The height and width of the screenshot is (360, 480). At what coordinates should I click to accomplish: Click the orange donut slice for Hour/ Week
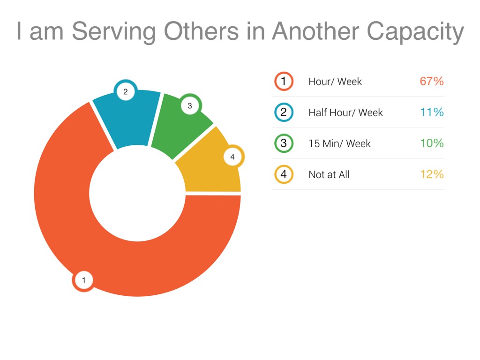[141, 267]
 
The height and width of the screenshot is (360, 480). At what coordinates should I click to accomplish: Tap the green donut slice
[180, 127]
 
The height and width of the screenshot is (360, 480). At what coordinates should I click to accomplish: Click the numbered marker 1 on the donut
[83, 281]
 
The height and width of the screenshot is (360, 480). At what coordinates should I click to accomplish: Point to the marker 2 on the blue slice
[125, 92]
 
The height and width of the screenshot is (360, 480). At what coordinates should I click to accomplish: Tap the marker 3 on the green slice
[189, 106]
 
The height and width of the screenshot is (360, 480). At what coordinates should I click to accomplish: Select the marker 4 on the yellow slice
[232, 157]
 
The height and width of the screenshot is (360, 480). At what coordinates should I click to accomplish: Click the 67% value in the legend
[431, 81]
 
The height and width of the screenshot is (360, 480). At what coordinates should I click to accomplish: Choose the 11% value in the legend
[432, 112]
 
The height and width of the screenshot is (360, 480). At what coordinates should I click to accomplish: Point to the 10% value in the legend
[431, 143]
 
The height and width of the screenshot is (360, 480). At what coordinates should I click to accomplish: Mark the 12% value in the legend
[431, 174]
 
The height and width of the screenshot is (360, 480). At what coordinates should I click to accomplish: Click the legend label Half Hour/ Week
[345, 112]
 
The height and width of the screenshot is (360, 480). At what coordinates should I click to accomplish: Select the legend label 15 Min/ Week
[339, 143]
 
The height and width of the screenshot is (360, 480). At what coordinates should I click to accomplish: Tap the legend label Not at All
[329, 175]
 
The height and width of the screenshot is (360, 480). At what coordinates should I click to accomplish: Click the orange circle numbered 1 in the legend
[284, 81]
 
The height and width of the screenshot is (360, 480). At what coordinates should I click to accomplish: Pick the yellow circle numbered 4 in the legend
[284, 174]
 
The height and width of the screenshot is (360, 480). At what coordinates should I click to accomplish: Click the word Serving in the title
[113, 32]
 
